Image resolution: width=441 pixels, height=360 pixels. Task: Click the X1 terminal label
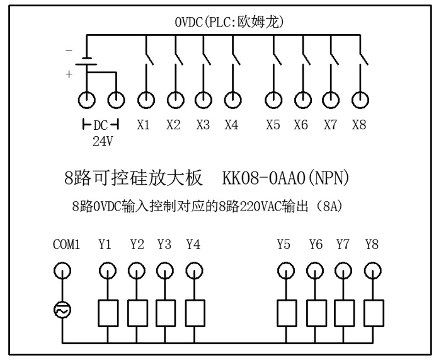(x=144, y=125)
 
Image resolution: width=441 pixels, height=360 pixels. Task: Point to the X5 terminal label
(x=273, y=125)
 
